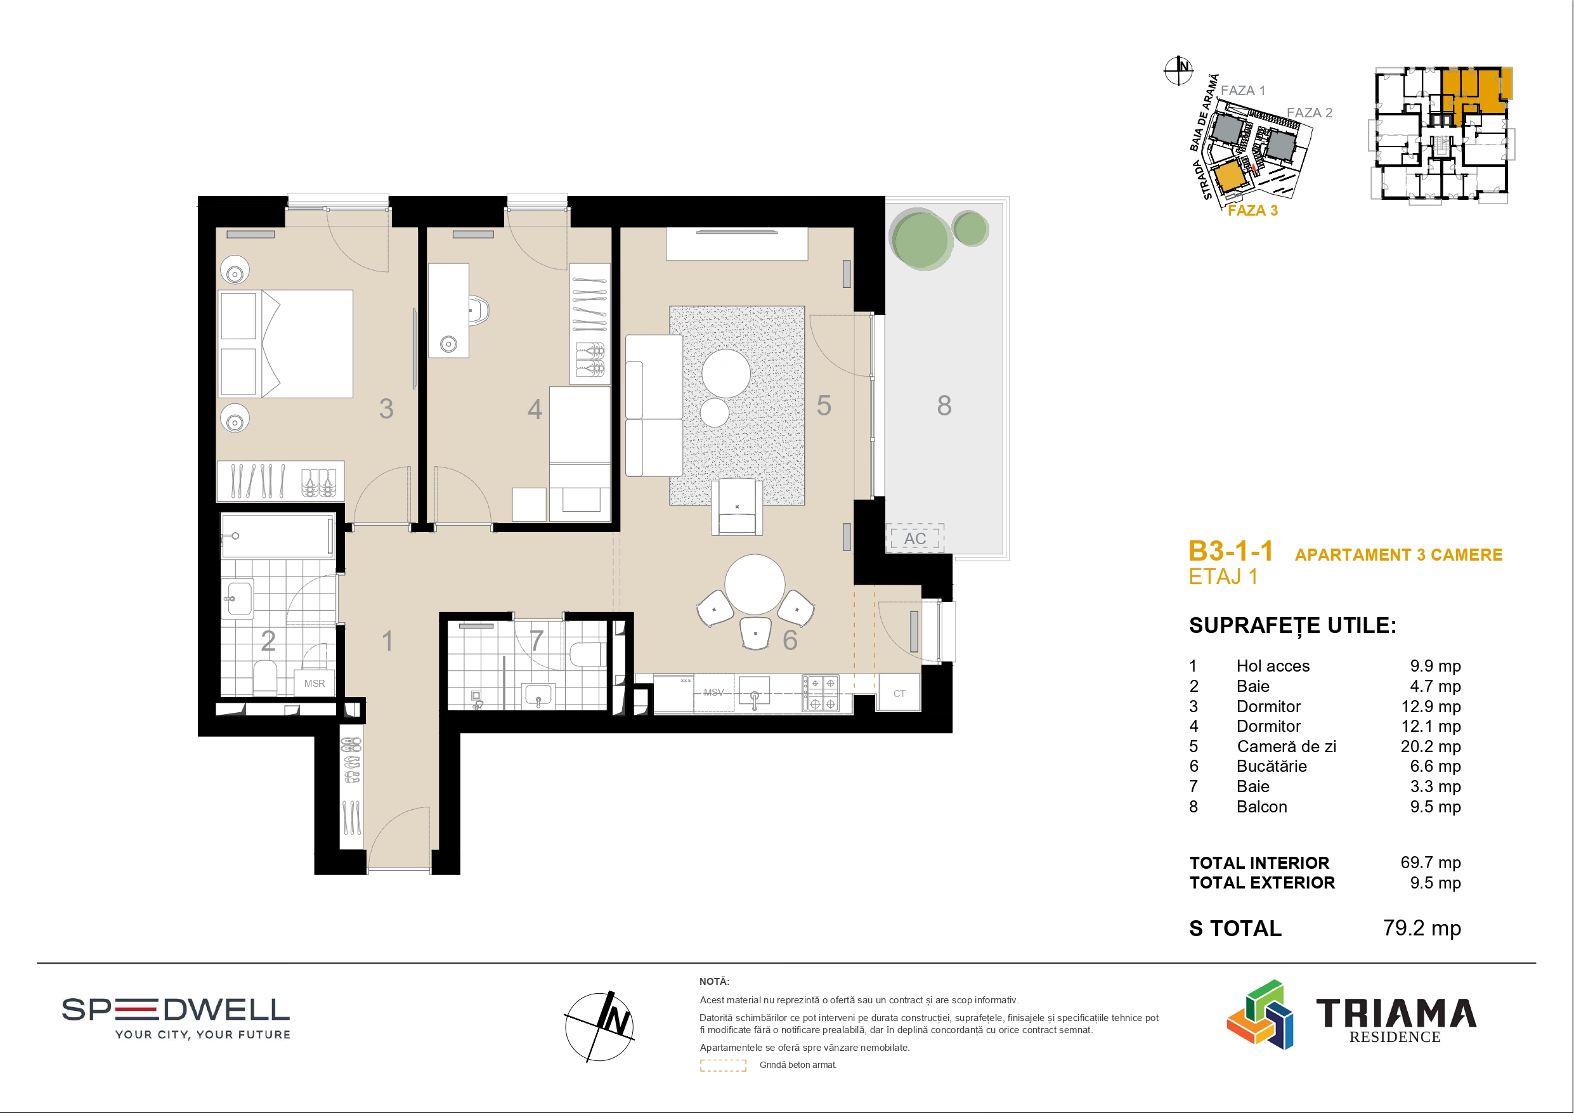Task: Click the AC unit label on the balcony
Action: [915, 539]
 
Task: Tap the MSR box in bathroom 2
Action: [315, 684]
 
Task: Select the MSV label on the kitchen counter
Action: [713, 693]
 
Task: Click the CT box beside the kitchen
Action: [899, 693]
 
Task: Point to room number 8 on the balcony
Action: [944, 406]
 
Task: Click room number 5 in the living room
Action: [823, 406]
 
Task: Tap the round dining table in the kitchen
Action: [755, 584]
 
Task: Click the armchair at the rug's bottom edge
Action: [737, 506]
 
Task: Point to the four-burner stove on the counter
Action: [822, 693]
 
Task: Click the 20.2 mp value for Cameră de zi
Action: [1431, 746]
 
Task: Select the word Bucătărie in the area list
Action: [1271, 766]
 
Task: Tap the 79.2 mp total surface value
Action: [1422, 928]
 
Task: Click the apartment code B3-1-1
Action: [1230, 551]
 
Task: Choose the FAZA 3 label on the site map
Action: [1252, 211]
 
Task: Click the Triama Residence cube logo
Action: [1259, 1015]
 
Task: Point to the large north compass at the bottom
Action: [599, 1027]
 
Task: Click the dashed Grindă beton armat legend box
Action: [722, 1065]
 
